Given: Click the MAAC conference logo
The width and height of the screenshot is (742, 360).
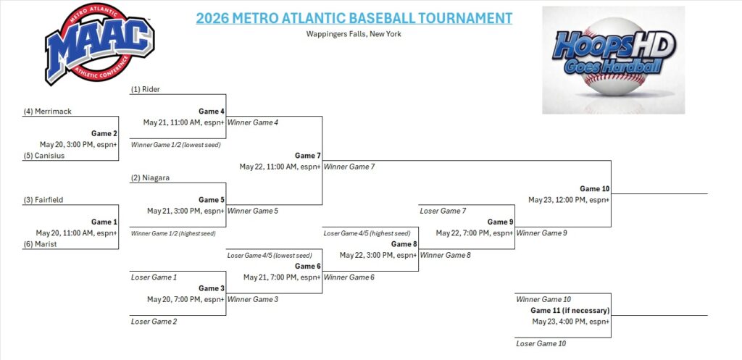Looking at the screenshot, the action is [99, 44].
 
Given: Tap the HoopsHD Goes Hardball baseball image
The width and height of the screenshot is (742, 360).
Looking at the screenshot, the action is [613, 59].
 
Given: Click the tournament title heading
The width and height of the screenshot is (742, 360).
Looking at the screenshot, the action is [354, 18].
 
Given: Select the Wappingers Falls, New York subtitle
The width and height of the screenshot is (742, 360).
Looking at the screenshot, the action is [354, 34].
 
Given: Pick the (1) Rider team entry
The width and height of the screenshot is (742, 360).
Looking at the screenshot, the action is [146, 89].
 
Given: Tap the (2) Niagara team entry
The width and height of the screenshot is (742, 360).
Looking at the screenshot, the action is [151, 178].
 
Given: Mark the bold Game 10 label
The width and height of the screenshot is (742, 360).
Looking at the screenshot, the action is [595, 189].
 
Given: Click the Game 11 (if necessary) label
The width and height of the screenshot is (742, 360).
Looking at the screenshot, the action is [570, 311].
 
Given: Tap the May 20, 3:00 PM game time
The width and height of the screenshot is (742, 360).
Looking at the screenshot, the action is [78, 144].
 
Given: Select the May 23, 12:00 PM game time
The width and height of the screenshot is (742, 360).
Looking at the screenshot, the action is [569, 200].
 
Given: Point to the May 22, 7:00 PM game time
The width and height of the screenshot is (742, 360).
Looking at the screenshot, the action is [475, 233].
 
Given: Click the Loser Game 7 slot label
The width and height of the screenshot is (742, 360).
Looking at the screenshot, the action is [443, 211].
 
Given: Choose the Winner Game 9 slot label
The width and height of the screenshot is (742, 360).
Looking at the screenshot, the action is [541, 233].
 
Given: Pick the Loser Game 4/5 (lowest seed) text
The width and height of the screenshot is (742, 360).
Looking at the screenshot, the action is [270, 256].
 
